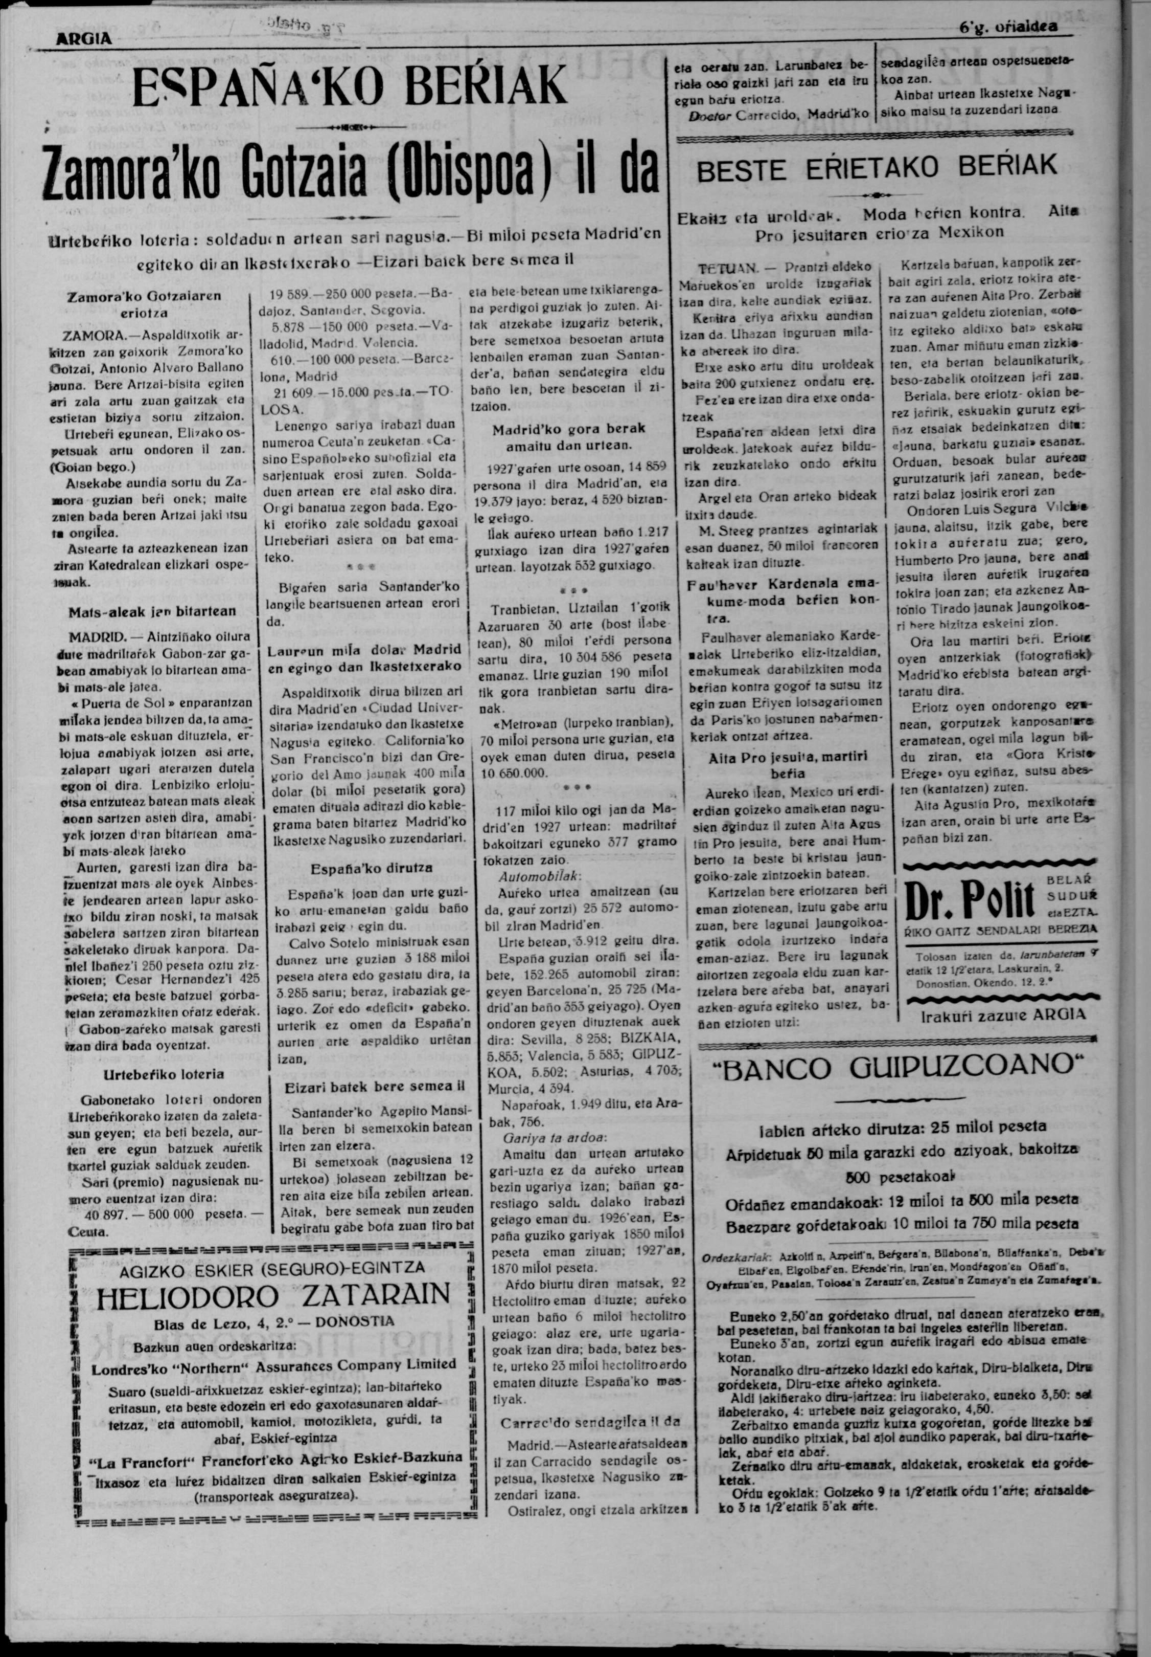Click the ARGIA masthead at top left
click(84, 40)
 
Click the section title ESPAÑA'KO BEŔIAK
click(351, 87)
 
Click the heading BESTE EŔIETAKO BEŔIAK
click(877, 165)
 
